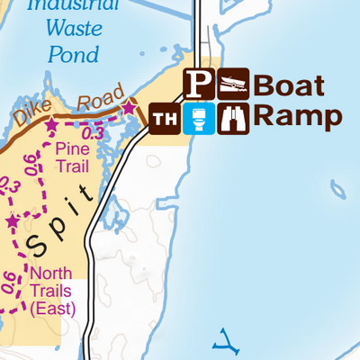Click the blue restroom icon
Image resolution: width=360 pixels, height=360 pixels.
(x=199, y=118)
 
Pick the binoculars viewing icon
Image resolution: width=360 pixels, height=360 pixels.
(x=233, y=118)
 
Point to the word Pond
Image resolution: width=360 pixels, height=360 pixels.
(x=72, y=53)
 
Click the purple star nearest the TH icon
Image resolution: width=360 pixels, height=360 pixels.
(x=128, y=108)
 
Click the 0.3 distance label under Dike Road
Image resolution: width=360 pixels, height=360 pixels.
(x=99, y=133)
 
